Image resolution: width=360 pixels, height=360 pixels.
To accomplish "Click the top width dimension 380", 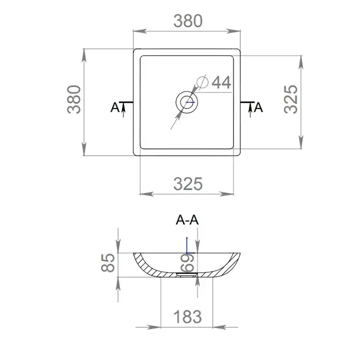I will (188, 21).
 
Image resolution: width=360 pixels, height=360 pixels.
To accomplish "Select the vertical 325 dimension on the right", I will (291, 100).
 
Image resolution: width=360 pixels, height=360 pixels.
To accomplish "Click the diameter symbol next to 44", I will (202, 82).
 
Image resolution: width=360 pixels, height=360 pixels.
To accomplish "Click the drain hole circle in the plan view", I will (187, 102).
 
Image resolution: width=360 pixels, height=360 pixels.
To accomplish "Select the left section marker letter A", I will (115, 107).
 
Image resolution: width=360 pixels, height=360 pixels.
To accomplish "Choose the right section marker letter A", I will (259, 107).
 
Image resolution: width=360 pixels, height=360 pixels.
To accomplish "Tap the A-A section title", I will (187, 221).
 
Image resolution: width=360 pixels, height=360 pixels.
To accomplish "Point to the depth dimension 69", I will (188, 263).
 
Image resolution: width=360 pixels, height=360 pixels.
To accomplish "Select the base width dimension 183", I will (188, 316).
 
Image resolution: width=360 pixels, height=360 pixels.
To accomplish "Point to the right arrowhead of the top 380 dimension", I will (238, 31).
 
